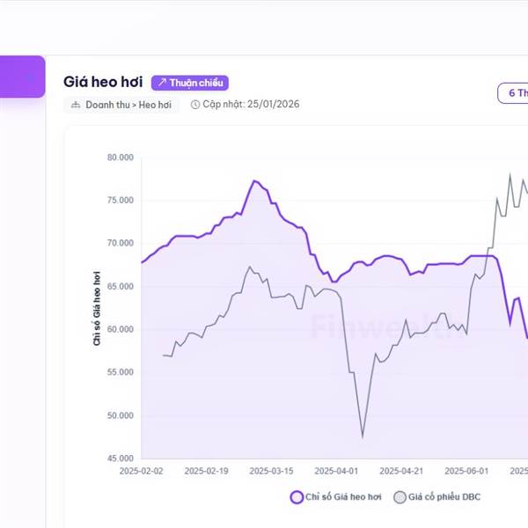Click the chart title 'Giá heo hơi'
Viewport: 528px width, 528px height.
103,82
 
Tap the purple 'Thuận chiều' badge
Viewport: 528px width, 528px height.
190,83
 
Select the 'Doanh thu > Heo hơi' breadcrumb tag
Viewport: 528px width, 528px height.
121,105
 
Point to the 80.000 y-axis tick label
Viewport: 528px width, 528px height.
119,158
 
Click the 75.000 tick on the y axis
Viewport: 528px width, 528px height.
119,201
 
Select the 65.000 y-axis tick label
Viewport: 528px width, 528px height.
119,287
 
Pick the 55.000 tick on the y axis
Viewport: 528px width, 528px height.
119,372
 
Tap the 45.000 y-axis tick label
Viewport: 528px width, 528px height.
119,458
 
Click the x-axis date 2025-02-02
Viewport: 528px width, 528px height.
141,471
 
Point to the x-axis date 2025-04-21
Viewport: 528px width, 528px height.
401,471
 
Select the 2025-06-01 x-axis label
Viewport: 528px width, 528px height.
466,471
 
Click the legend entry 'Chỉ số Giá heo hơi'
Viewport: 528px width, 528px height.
337,497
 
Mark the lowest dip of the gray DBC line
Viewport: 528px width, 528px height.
363,436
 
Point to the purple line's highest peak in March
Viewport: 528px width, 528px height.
253,180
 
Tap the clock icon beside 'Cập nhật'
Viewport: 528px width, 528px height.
194,105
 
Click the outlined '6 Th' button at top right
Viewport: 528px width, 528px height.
513,93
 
